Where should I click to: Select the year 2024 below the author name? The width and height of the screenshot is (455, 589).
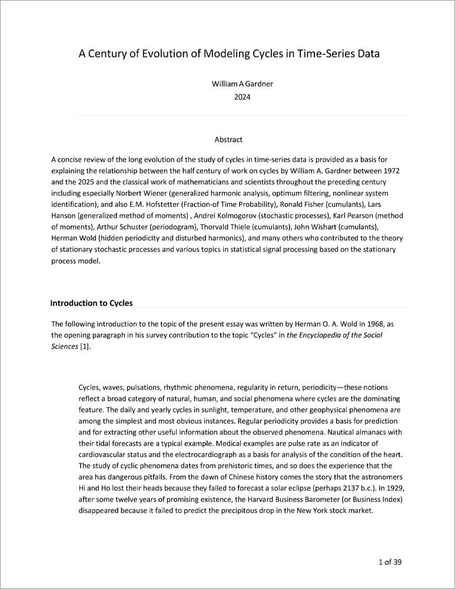pyautogui.click(x=242, y=97)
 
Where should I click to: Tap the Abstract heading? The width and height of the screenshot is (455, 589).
pyautogui.click(x=228, y=140)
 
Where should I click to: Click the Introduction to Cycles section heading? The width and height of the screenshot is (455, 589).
pyautogui.click(x=91, y=303)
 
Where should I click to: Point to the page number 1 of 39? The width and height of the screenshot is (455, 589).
pyautogui.click(x=390, y=562)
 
